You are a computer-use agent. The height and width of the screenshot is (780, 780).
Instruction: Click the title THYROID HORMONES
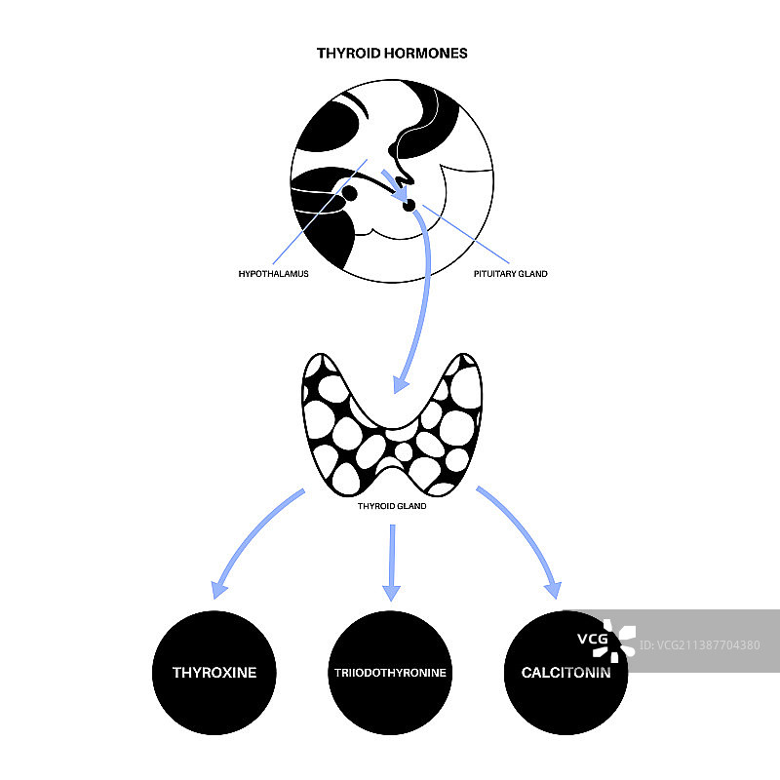[392, 53]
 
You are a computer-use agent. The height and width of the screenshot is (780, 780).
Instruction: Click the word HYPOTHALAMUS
[273, 274]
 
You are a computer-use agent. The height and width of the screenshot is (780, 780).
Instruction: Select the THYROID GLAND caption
[392, 506]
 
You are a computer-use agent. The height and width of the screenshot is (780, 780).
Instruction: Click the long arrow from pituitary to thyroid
[421, 292]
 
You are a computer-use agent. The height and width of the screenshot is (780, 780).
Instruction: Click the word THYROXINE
[214, 673]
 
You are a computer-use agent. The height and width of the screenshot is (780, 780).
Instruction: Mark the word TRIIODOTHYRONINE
[390, 673]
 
